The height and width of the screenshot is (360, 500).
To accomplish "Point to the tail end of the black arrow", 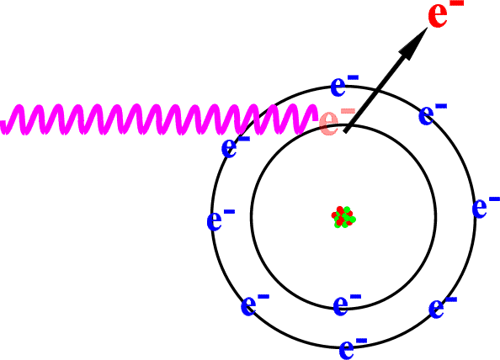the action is click(345, 131).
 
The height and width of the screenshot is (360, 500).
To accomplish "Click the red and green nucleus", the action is click(343, 217).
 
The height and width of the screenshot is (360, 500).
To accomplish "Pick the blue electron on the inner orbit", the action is click(347, 304).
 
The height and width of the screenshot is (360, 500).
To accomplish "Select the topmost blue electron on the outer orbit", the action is click(344, 85).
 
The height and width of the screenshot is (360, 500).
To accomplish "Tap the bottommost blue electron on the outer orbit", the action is click(353, 348).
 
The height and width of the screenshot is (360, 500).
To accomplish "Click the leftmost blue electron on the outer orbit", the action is click(221, 220).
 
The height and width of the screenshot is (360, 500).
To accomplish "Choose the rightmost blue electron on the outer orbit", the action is click(486, 207).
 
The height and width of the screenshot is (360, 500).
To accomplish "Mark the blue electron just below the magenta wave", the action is click(236, 146).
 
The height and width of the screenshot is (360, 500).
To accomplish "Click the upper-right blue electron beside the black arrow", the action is click(433, 114).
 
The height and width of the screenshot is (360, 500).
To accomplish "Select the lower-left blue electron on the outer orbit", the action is click(255, 304).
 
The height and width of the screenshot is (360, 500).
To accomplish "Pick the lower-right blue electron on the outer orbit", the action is click(443, 307).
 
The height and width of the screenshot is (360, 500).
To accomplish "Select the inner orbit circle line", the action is click(252, 217).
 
